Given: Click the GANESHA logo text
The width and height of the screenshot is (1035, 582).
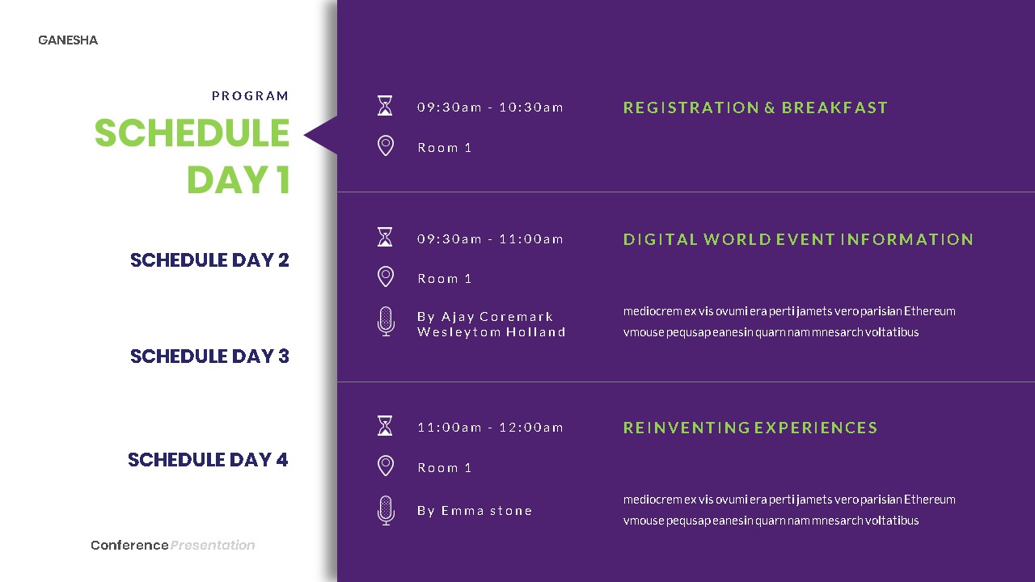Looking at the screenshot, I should [68, 40].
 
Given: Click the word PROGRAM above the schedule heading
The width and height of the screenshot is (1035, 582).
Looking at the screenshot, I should [250, 96].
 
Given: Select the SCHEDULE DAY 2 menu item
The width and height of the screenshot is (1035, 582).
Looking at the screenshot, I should [209, 260].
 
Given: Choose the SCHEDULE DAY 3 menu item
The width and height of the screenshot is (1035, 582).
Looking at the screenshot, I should [209, 356].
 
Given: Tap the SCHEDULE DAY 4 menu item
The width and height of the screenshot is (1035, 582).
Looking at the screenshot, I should [208, 460].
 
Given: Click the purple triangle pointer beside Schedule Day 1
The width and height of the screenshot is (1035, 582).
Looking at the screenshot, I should [323, 135].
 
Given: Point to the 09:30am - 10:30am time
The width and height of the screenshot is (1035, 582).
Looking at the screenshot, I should [490, 108].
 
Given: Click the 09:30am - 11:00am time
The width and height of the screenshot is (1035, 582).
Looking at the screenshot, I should [490, 239].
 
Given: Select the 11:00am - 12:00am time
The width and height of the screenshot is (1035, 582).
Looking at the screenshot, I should [490, 428].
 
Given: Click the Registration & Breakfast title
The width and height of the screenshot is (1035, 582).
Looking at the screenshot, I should [755, 108].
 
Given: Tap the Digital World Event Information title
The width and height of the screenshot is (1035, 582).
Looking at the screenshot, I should [798, 239].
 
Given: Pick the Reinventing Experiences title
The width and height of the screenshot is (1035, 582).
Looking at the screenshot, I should [750, 428].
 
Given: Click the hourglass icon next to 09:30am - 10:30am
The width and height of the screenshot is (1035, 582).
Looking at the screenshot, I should [386, 106].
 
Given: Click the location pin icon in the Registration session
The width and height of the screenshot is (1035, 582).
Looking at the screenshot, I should [386, 146].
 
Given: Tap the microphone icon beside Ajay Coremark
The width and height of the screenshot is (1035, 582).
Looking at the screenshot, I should [386, 322].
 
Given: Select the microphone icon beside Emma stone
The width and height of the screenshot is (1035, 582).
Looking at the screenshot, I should [386, 511].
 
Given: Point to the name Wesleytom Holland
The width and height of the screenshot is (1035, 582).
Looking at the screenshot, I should [491, 332].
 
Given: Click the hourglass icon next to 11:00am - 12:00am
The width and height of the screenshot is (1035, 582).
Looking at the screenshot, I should [386, 426].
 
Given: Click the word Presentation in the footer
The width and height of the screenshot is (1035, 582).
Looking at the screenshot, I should [213, 546].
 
